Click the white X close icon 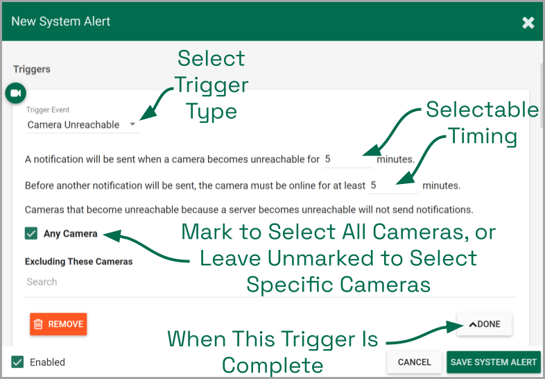pyautogui.click(x=528, y=23)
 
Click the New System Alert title pyautogui.click(x=61, y=22)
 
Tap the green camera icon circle pyautogui.click(x=16, y=93)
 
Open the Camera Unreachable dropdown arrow pyautogui.click(x=132, y=124)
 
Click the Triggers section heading pyautogui.click(x=32, y=69)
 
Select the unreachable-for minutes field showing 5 pyautogui.click(x=347, y=160)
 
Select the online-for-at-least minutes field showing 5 pyautogui.click(x=393, y=185)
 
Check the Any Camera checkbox pyautogui.click(x=31, y=233)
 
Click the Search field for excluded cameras pyautogui.click(x=270, y=282)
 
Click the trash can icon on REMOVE pyautogui.click(x=38, y=324)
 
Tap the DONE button pyautogui.click(x=484, y=324)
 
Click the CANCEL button pyautogui.click(x=414, y=362)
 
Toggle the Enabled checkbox pyautogui.click(x=17, y=362)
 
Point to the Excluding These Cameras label pyautogui.click(x=78, y=262)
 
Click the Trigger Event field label pyautogui.click(x=48, y=110)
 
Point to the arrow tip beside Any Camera pyautogui.click(x=104, y=235)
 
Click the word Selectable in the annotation pyautogui.click(x=483, y=110)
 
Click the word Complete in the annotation pyautogui.click(x=272, y=365)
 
